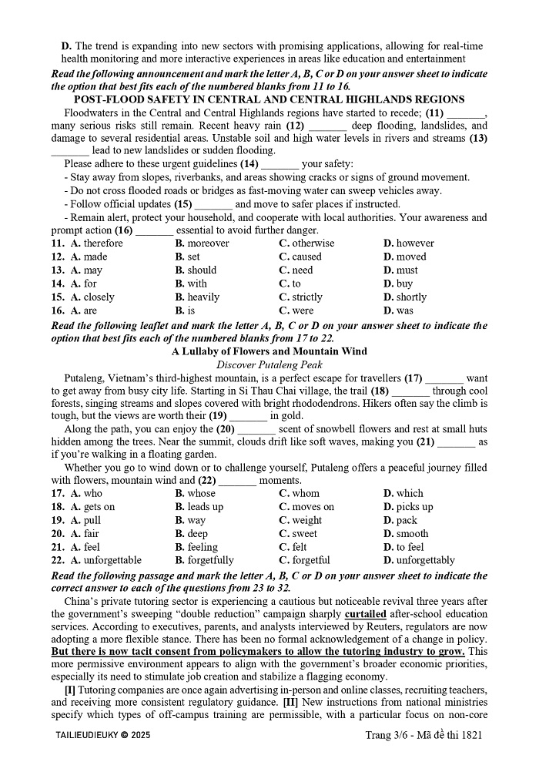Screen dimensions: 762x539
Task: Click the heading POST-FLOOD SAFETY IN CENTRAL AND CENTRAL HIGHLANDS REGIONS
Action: (269, 99)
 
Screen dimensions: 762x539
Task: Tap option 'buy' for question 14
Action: (398, 284)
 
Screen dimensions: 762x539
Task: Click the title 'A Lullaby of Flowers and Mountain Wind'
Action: (269, 351)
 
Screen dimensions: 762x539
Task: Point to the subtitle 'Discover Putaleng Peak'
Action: (269, 364)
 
